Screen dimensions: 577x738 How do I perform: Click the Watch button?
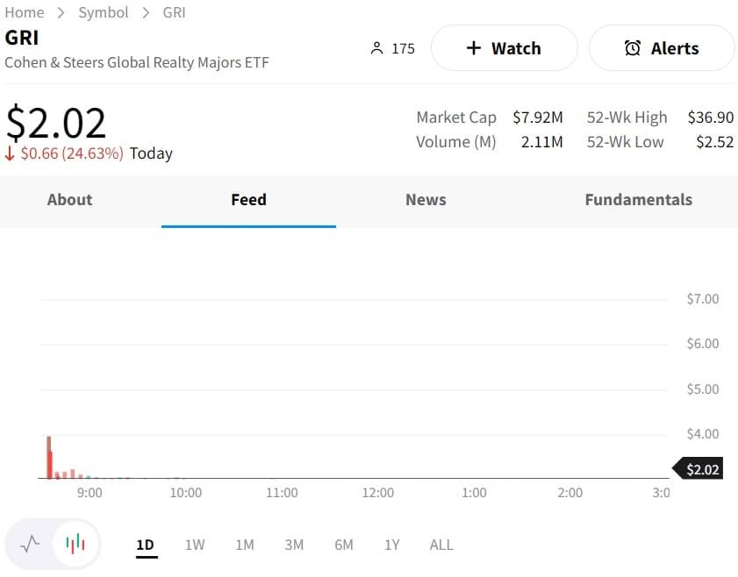pos(504,48)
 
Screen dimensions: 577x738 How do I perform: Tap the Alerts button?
pos(662,48)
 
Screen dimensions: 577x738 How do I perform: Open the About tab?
pos(69,200)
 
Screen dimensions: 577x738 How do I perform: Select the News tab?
pos(426,200)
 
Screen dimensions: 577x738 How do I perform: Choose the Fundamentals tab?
pos(638,200)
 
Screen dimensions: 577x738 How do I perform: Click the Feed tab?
pos(248,200)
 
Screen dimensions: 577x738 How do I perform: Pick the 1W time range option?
pos(195,545)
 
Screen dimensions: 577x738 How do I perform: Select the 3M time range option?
pos(294,545)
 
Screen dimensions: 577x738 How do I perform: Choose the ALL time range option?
pos(441,545)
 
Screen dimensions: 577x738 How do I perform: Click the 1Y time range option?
pos(391,545)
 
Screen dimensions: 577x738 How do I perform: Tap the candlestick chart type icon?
pos(75,544)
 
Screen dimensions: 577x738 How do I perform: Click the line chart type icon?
pos(30,544)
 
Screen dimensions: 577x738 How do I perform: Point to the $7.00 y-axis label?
pos(702,299)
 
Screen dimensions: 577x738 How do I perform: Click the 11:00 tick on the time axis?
pos(282,493)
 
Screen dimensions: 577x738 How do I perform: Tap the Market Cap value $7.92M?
pos(537,118)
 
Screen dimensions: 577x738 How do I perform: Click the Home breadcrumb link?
pos(25,12)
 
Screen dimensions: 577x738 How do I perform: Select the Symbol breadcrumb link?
pos(103,12)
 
